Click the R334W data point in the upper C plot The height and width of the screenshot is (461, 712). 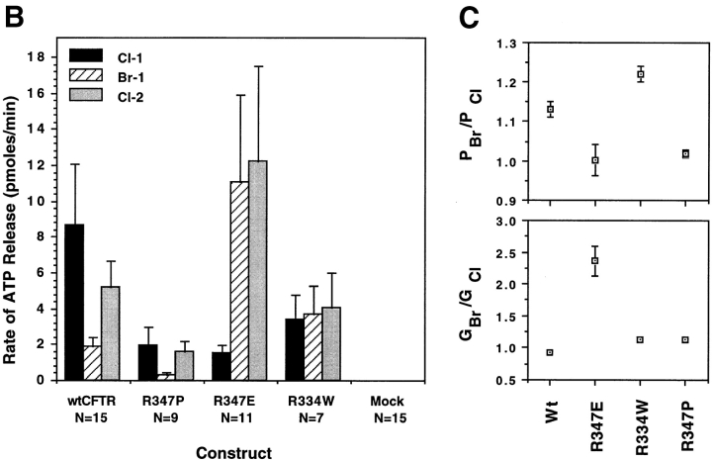tap(642, 74)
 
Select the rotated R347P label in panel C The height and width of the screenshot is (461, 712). tap(687, 424)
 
